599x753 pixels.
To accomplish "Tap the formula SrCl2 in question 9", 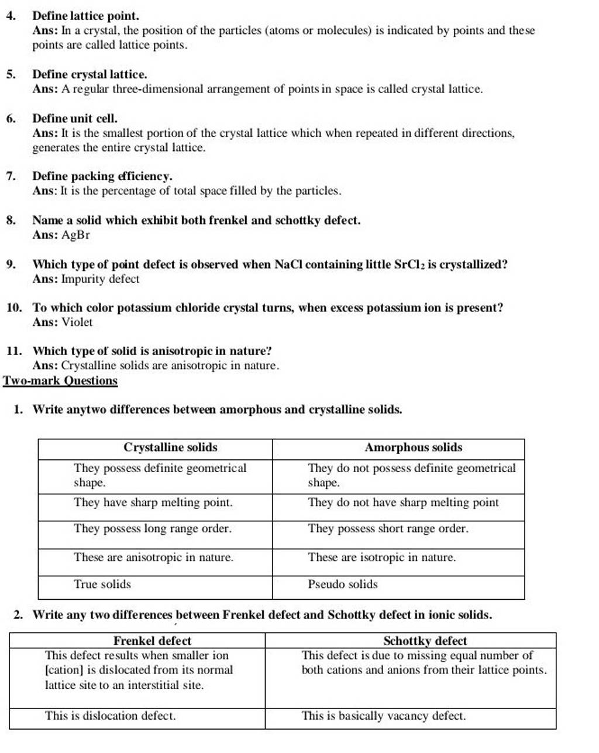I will click(x=410, y=264).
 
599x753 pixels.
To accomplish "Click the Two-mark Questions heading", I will click(x=60, y=381).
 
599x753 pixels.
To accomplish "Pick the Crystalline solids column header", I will click(x=170, y=448).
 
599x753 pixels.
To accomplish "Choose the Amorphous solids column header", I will click(x=413, y=448).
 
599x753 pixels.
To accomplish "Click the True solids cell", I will click(x=102, y=584).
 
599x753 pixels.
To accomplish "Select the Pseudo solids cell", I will click(x=343, y=584).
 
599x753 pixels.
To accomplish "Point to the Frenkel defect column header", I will click(x=152, y=641).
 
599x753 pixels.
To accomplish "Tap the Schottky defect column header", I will click(x=425, y=641).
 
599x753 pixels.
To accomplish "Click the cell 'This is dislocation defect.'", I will click(x=110, y=716).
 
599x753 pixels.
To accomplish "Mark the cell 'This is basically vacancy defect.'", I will click(x=384, y=716).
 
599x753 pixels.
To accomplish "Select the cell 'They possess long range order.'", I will click(x=153, y=528).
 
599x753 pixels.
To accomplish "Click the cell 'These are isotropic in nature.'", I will click(x=382, y=557).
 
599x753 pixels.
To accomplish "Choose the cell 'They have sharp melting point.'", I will click(x=153, y=502).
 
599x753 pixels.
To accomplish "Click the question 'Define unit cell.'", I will click(x=75, y=118).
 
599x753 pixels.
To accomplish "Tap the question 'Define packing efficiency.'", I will click(x=102, y=176).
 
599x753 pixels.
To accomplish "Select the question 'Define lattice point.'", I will click(x=86, y=16).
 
